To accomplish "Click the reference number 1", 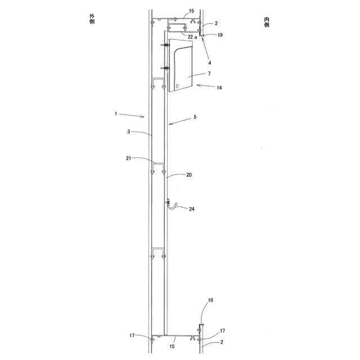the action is pos(116,114).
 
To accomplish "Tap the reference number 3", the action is pos(129,132).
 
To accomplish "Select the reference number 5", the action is pos(195,117).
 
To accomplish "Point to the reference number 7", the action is pos(209,74).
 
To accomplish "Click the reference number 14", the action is pos(219,88).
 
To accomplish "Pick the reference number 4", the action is pos(209,62).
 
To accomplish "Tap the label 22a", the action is pos(192,37).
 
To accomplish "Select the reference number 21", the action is pos(129,158).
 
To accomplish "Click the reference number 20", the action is pos(189,175).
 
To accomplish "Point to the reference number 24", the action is pos(192,209).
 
